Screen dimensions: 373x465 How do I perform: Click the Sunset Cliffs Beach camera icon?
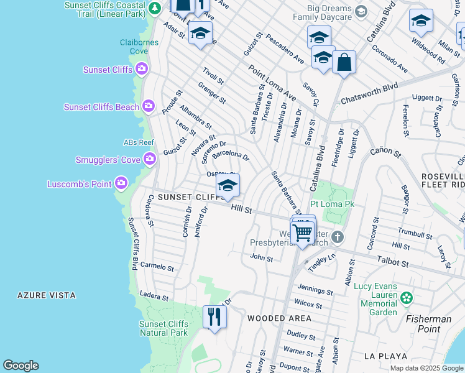click(x=148, y=107)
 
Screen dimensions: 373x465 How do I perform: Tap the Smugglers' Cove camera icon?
click(x=149, y=160)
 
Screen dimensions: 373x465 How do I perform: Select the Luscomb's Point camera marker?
click(x=121, y=183)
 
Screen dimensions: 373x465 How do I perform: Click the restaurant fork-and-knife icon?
click(x=214, y=317)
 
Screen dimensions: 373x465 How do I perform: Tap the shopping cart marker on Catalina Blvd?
click(x=303, y=233)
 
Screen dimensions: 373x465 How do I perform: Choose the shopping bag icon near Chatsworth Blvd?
click(x=344, y=62)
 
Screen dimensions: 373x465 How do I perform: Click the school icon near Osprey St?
click(x=228, y=185)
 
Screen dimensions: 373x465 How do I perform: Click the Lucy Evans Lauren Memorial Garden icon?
click(x=407, y=298)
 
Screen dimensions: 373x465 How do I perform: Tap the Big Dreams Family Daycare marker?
click(x=361, y=11)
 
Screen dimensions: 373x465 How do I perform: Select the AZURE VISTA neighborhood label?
click(x=47, y=295)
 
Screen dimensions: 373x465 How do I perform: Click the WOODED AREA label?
click(x=279, y=318)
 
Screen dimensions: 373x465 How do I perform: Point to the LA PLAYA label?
click(x=385, y=356)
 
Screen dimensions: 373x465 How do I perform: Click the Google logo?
click(x=21, y=366)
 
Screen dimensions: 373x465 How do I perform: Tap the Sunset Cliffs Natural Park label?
click(x=163, y=328)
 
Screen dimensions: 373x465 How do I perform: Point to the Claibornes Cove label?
click(x=139, y=47)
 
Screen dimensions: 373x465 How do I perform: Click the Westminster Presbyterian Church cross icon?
click(x=337, y=237)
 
